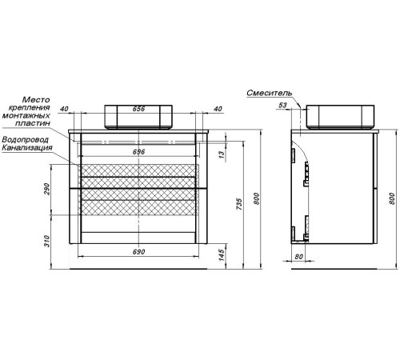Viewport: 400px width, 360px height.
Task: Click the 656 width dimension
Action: coord(138,109)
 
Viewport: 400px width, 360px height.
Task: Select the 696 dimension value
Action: coord(138,152)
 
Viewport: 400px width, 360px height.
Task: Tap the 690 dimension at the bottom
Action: coord(138,252)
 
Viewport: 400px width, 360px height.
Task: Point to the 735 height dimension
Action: coord(239,204)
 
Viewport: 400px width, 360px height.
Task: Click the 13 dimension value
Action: coord(222,154)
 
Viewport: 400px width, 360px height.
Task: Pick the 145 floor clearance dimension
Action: coord(222,255)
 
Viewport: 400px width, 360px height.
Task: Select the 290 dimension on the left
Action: coord(47,189)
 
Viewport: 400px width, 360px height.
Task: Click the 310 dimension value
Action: coord(47,241)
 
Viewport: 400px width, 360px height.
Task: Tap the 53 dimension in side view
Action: coord(282,105)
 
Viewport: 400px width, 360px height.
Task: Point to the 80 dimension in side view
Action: coord(299,257)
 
